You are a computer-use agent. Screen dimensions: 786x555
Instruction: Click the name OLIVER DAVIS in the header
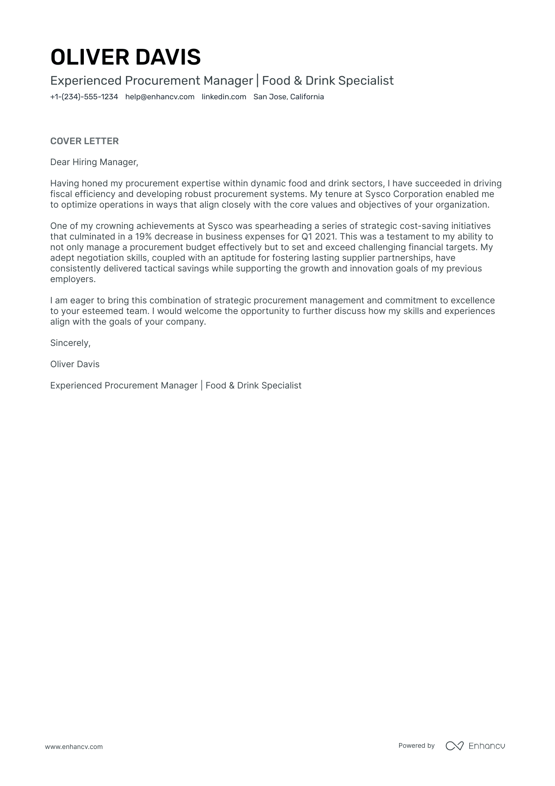[x=126, y=57]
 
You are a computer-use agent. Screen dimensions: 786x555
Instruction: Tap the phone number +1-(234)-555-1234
[x=84, y=97]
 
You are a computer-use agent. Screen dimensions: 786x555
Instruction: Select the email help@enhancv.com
[x=160, y=97]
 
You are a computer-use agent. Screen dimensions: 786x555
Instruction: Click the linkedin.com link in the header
[x=224, y=97]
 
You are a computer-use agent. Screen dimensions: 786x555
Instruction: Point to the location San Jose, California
[x=289, y=97]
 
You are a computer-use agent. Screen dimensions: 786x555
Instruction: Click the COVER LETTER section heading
[x=84, y=141]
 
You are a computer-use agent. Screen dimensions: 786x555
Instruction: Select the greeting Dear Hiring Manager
[x=94, y=162]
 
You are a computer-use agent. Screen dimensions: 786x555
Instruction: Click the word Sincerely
[x=70, y=343]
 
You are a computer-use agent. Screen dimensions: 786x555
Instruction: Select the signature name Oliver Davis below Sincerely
[x=75, y=364]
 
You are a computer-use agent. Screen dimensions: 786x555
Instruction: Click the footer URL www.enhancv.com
[x=74, y=747]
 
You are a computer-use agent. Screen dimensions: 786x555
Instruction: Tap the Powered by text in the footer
[x=416, y=745]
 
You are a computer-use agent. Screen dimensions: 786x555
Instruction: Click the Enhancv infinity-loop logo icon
[x=454, y=746]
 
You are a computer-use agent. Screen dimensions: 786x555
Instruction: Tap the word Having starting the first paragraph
[x=64, y=184]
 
